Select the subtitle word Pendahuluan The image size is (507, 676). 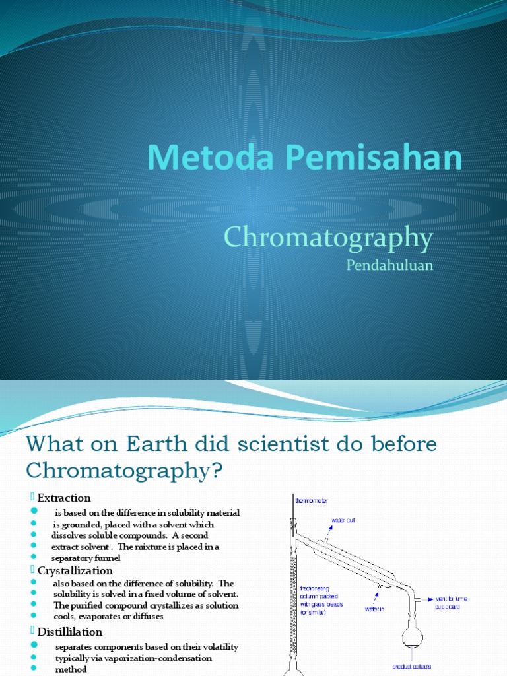[389, 265]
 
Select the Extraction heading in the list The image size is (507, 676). [64, 498]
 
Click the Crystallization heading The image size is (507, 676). [75, 570]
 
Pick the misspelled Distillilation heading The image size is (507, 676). [70, 632]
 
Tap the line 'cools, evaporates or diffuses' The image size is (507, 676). [108, 616]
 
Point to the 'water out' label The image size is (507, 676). [343, 521]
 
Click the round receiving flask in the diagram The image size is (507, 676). [413, 637]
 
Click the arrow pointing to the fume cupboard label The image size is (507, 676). [424, 599]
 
